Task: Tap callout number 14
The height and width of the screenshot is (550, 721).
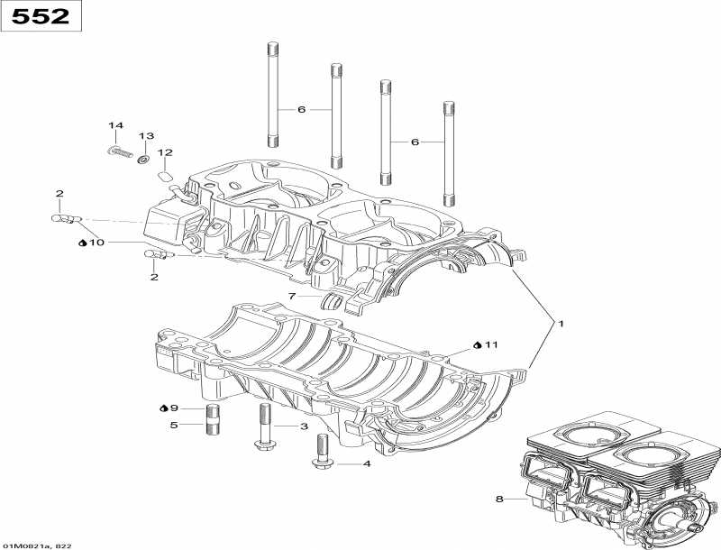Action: pyautogui.click(x=115, y=125)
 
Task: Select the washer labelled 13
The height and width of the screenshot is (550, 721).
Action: pyautogui.click(x=142, y=159)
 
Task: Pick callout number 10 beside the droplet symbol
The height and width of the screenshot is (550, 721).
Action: pyautogui.click(x=97, y=243)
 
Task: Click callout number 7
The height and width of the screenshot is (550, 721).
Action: pyautogui.click(x=292, y=296)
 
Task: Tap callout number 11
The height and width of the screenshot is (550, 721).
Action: pyautogui.click(x=491, y=344)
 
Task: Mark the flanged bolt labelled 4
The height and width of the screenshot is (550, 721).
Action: pyautogui.click(x=320, y=451)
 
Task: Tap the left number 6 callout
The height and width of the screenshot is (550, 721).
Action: pyautogui.click(x=302, y=110)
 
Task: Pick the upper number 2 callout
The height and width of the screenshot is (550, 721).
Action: pyautogui.click(x=59, y=194)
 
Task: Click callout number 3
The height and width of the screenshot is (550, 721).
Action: pyautogui.click(x=304, y=426)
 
